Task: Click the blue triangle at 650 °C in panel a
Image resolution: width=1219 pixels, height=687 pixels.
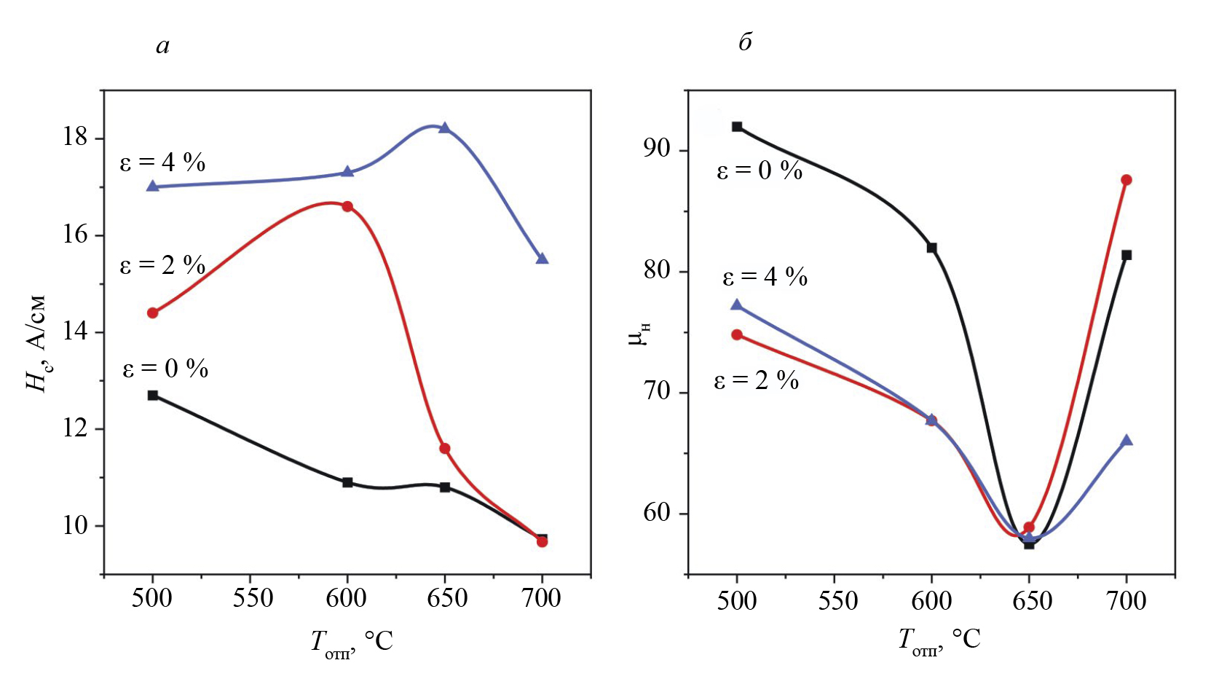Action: (444, 127)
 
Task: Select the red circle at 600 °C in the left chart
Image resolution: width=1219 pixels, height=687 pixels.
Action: (347, 206)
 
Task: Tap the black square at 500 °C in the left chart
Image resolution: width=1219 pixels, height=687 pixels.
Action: (153, 395)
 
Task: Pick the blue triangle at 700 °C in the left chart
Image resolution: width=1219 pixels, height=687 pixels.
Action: (542, 259)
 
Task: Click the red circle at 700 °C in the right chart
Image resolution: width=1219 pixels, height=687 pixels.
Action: (1127, 180)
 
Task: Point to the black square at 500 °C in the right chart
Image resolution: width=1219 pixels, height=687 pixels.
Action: (737, 127)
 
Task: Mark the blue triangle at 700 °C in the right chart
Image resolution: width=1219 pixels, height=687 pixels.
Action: (1127, 440)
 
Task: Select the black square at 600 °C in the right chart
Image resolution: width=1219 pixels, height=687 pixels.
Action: (931, 248)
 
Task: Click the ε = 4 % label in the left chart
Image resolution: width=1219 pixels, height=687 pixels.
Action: (162, 162)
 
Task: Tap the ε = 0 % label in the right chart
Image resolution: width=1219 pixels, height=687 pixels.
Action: (760, 170)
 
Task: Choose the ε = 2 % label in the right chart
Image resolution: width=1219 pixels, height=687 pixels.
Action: (757, 380)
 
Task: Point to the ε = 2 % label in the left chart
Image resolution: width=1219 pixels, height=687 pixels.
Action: (162, 265)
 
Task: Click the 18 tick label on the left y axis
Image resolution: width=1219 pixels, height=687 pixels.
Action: (75, 137)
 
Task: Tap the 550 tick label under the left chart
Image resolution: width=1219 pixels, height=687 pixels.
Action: (253, 598)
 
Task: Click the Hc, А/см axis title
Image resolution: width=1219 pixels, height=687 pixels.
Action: (36, 342)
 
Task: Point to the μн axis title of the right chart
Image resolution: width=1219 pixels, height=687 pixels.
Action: (639, 334)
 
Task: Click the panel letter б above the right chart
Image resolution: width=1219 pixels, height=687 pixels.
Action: (745, 42)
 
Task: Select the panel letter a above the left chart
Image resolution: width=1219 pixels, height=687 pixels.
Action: (162, 46)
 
